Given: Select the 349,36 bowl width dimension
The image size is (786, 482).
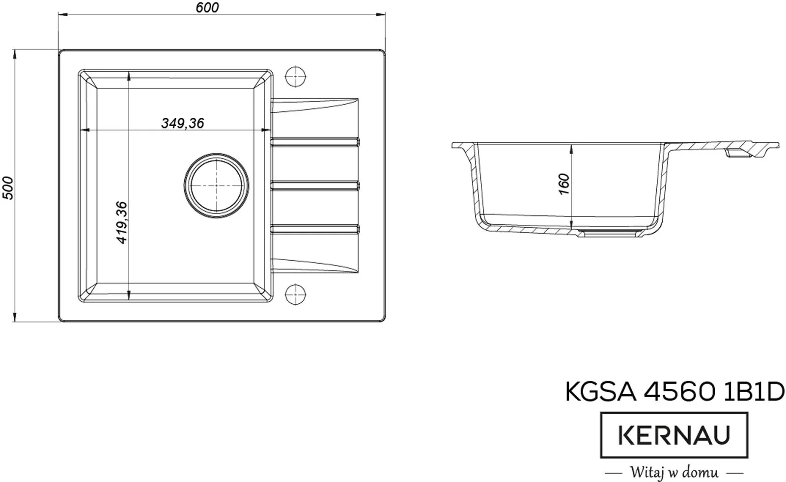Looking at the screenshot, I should (182, 123).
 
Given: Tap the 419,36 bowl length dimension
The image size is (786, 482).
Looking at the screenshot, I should (122, 222).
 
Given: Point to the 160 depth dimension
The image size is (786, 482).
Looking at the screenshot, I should (564, 184).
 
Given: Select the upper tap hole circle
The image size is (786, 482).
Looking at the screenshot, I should (295, 77).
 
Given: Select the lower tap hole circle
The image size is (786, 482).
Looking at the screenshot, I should (295, 295).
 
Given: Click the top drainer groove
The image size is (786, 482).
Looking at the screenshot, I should (315, 142).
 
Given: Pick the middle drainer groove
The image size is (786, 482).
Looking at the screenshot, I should (315, 185).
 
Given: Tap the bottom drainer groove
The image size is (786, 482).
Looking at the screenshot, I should (315, 228).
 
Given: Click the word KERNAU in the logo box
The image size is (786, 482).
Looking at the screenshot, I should (674, 435).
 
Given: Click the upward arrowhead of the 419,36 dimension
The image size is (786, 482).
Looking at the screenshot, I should (128, 76).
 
